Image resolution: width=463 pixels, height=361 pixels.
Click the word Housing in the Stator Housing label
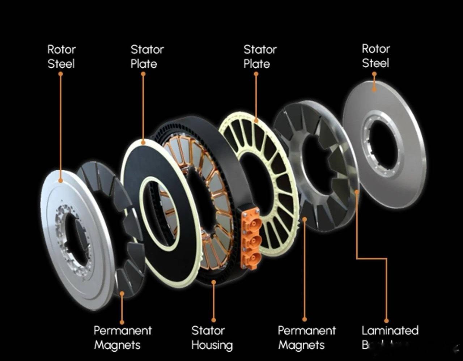click(x=212, y=345)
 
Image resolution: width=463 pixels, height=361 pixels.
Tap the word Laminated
click(x=390, y=330)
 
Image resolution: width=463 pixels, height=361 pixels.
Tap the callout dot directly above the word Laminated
click(x=386, y=320)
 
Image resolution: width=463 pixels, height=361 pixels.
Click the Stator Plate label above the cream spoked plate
click(x=260, y=56)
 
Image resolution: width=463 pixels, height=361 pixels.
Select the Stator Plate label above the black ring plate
click(x=147, y=56)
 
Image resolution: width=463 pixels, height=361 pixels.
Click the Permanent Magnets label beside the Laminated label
click(x=306, y=337)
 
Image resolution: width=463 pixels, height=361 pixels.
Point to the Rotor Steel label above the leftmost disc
click(x=61, y=56)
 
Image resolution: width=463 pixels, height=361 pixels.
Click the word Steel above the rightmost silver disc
click(x=375, y=63)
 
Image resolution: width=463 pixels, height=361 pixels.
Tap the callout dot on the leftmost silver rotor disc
click(x=60, y=180)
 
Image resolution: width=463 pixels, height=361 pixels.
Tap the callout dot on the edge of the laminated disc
click(x=357, y=192)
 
